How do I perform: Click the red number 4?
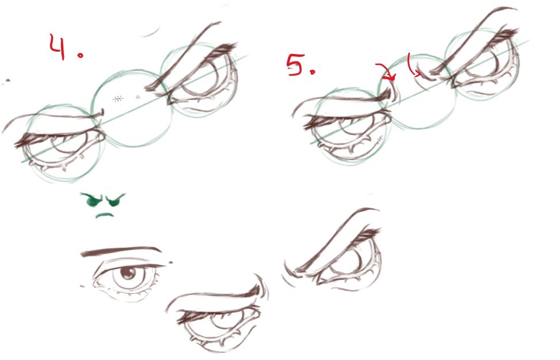click(57, 47)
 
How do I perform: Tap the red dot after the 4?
click(81, 55)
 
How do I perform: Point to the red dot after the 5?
click(313, 72)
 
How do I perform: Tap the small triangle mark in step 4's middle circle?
click(138, 97)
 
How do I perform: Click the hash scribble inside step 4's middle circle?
click(118, 98)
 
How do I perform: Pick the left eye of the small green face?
click(92, 200)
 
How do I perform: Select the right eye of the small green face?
click(115, 200)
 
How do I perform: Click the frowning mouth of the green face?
click(105, 215)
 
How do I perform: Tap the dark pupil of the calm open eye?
click(126, 274)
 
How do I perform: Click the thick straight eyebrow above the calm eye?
click(121, 251)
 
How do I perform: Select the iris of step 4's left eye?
click(66, 143)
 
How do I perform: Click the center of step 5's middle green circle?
click(417, 91)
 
